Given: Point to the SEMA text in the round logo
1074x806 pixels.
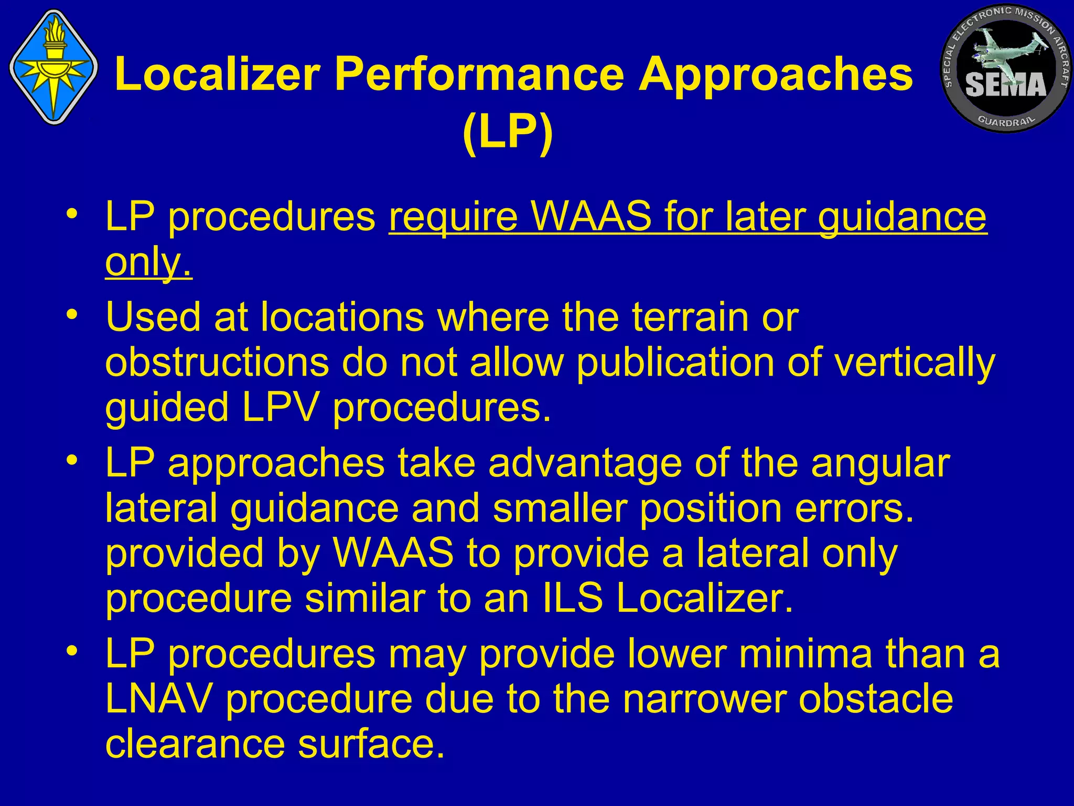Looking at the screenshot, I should click(1005, 86).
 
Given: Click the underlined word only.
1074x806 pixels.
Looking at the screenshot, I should click(148, 262).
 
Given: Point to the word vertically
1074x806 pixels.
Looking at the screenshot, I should click(915, 362).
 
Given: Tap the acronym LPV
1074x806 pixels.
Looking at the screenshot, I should click(280, 407).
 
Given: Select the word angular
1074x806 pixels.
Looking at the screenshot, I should click(881, 463).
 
